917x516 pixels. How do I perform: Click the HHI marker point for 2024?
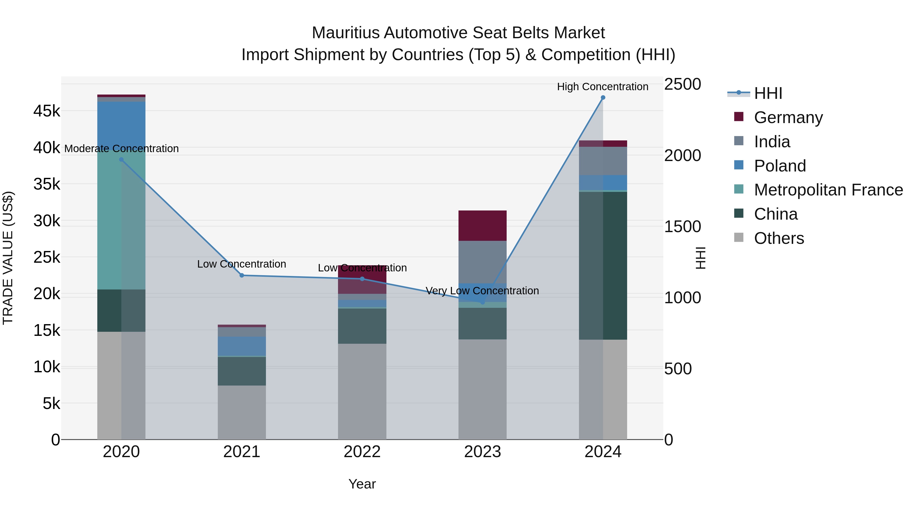pyautogui.click(x=603, y=98)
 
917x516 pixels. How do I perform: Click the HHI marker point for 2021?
pyautogui.click(x=242, y=275)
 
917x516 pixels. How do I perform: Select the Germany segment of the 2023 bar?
pyautogui.click(x=482, y=226)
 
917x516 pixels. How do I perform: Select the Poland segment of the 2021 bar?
pyautogui.click(x=242, y=346)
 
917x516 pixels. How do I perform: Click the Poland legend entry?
pyautogui.click(x=780, y=166)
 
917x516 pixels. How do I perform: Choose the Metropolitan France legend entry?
pyautogui.click(x=828, y=190)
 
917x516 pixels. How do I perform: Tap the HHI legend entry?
pyautogui.click(x=768, y=93)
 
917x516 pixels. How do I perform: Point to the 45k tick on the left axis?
pyautogui.click(x=47, y=111)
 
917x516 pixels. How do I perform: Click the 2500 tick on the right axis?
pyautogui.click(x=682, y=84)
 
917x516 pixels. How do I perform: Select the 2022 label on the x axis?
pyautogui.click(x=362, y=452)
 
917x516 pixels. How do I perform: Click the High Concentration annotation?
pyautogui.click(x=602, y=87)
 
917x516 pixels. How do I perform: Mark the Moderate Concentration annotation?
pyautogui.click(x=122, y=149)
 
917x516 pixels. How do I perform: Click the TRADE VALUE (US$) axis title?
pyautogui.click(x=8, y=258)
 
